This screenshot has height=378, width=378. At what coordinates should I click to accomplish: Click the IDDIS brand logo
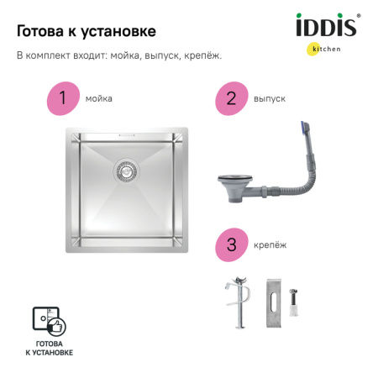[327, 26]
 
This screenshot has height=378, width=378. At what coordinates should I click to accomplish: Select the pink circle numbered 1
[61, 98]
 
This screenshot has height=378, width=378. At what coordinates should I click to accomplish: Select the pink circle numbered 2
[230, 98]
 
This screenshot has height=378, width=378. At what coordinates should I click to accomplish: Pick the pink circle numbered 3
[230, 244]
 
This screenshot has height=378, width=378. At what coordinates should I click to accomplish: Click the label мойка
[98, 98]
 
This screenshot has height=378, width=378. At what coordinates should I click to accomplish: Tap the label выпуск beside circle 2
[269, 98]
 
